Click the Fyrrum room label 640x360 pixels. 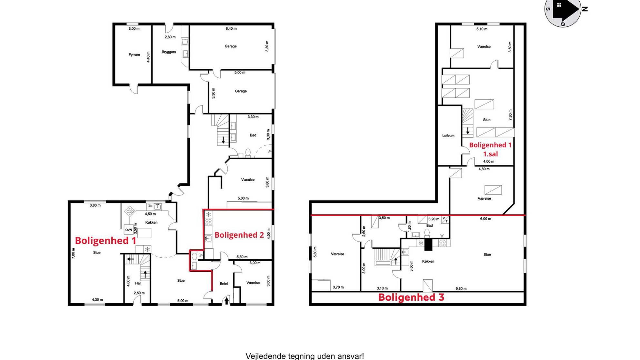click(134, 55)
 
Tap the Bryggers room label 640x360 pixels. click(169, 52)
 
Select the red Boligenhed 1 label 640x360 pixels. click(105, 241)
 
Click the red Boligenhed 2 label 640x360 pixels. click(239, 235)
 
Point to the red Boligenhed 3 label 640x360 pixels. click(411, 297)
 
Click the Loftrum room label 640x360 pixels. click(448, 136)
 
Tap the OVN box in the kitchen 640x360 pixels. click(128, 230)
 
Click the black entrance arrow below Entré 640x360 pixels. click(226, 301)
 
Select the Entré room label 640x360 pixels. click(224, 284)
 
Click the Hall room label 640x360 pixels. click(138, 283)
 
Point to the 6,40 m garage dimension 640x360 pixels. click(231, 29)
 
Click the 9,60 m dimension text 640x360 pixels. click(461, 289)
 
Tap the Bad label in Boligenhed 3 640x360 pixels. click(429, 225)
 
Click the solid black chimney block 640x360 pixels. click(428, 245)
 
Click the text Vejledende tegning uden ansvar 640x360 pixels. click(305, 356)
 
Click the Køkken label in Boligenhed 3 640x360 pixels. click(428, 261)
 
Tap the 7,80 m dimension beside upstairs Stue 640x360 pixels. click(510, 115)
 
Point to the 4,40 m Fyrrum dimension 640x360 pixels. click(148, 57)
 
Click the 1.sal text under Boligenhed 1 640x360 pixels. click(490, 154)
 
